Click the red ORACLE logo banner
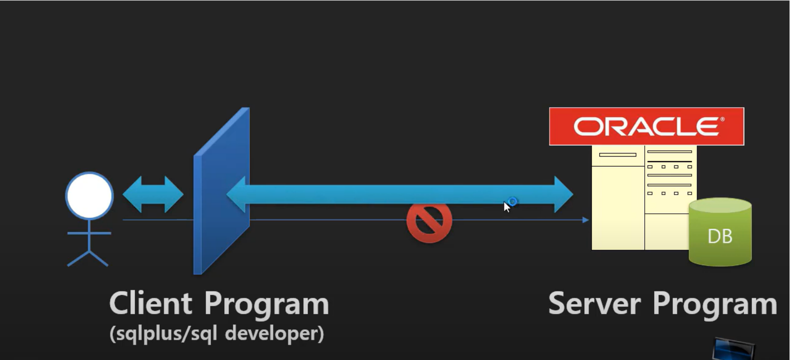click(x=646, y=126)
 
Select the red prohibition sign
click(x=429, y=222)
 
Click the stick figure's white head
click(x=89, y=196)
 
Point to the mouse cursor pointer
click(x=506, y=206)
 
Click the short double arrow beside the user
click(x=153, y=195)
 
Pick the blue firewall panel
click(x=221, y=193)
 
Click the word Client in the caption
click(x=150, y=303)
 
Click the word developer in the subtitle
click(x=274, y=334)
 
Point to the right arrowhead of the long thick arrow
click(x=563, y=195)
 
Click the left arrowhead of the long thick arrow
click(x=237, y=195)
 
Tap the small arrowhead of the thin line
click(x=586, y=220)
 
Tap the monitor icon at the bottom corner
click(x=733, y=349)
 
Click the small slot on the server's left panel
click(x=617, y=155)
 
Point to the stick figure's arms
click(x=89, y=233)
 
